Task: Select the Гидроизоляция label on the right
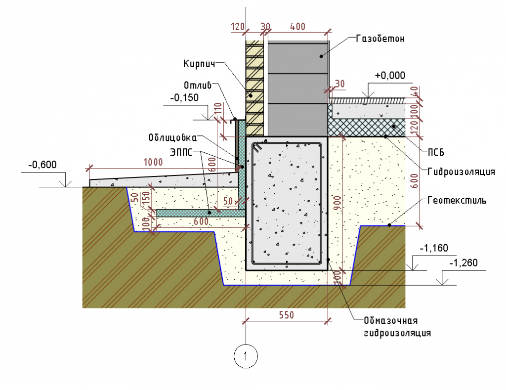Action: [461, 172]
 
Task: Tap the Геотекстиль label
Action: [456, 201]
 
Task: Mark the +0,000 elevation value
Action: [390, 76]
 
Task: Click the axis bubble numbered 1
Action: [246, 354]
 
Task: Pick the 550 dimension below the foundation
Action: [286, 314]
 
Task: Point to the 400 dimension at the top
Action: [298, 26]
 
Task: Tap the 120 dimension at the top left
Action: [238, 26]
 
